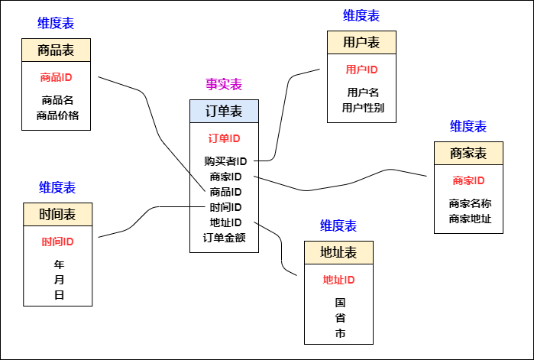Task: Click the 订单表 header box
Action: tap(224, 112)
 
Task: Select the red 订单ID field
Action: tap(224, 138)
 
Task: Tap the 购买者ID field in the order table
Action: tap(225, 161)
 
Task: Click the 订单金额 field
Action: tap(224, 237)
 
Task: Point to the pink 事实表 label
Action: tap(224, 84)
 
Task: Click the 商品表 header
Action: tap(56, 51)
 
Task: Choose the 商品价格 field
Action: tap(57, 115)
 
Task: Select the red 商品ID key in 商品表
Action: tap(56, 77)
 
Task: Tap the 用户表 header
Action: tap(361, 42)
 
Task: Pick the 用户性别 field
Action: tap(363, 108)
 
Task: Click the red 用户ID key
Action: tap(361, 70)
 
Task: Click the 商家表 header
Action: tap(468, 154)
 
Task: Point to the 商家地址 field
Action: tap(470, 219)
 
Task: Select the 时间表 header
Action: tap(57, 214)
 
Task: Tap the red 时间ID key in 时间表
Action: tap(57, 242)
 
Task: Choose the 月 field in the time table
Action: tap(59, 280)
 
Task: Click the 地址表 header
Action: tap(338, 253)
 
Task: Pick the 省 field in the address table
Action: tap(340, 318)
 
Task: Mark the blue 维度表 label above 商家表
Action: tap(468, 127)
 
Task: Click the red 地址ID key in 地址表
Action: tap(338, 280)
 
